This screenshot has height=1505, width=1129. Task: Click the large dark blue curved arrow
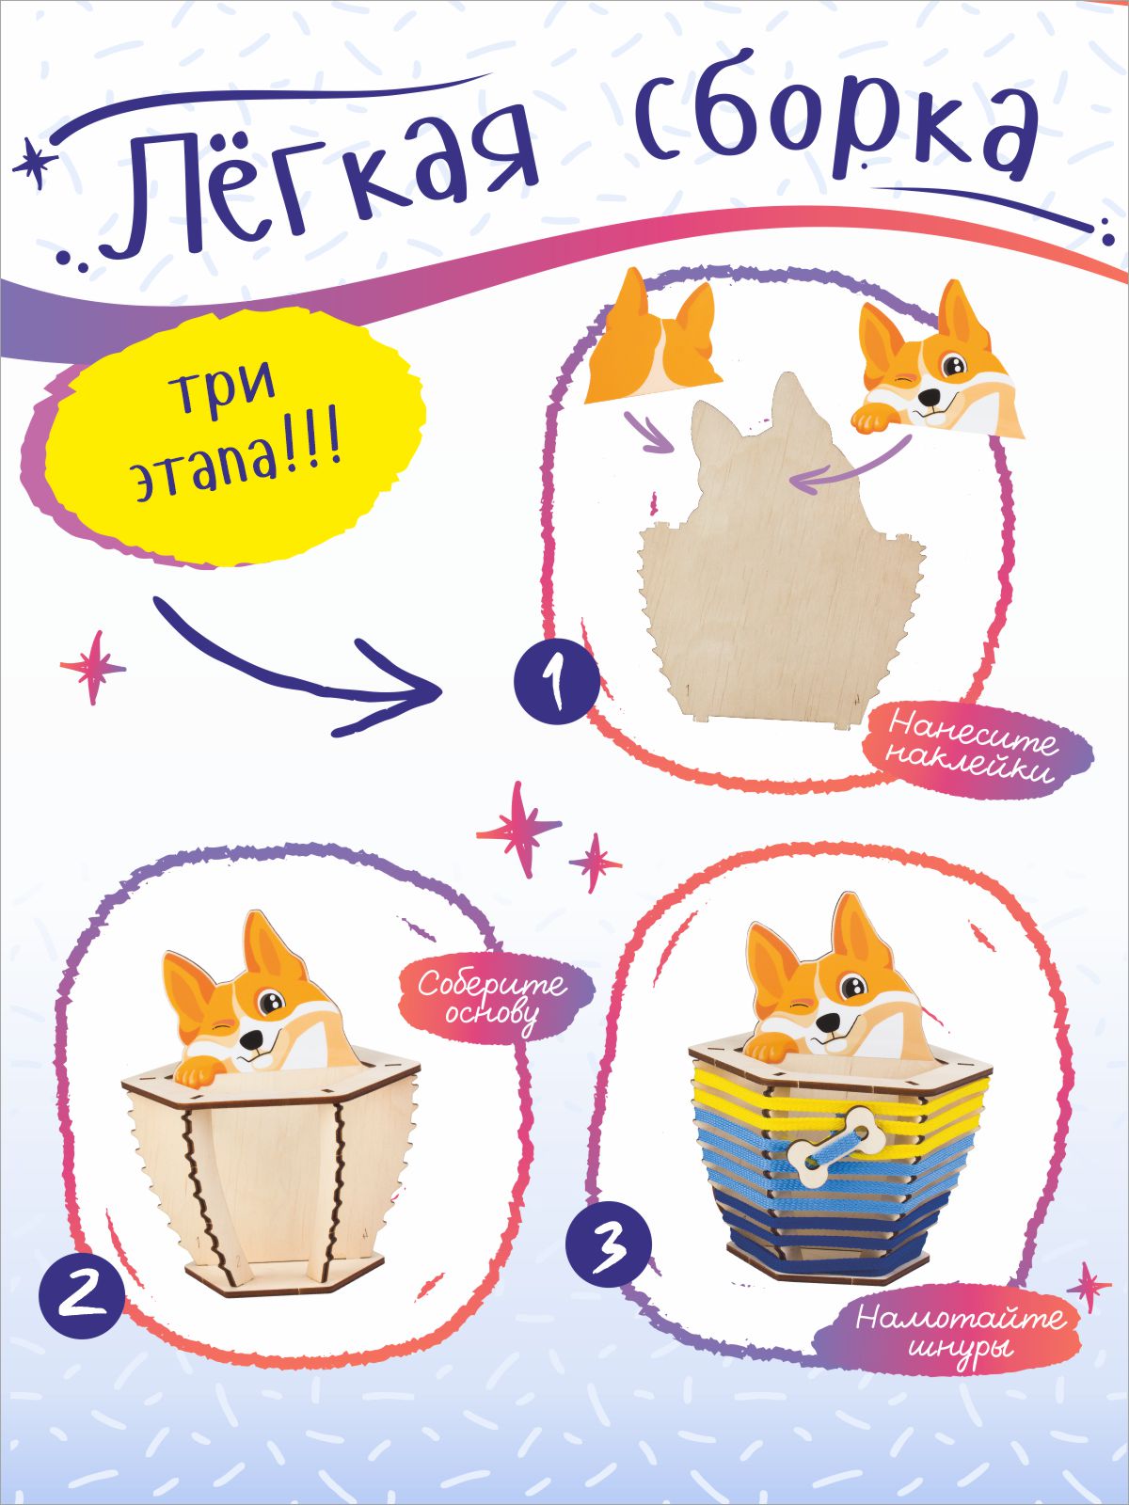click(288, 675)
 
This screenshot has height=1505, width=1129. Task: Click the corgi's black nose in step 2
click(252, 1041)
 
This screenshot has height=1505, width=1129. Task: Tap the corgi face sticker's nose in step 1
click(930, 397)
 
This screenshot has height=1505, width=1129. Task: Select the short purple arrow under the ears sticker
click(647, 432)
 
